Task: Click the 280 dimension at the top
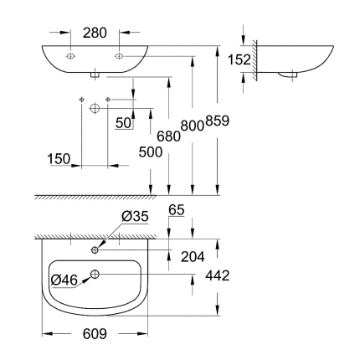pyautogui.click(x=95, y=33)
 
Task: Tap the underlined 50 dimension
pyautogui.click(x=125, y=123)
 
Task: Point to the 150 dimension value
pyautogui.click(x=58, y=159)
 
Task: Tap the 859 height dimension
pyautogui.click(x=217, y=121)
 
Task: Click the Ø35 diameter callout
pyautogui.click(x=135, y=216)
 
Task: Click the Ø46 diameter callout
pyautogui.click(x=64, y=279)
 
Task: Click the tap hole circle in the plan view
pyautogui.click(x=95, y=249)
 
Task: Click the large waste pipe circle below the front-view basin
pyautogui.click(x=95, y=109)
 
